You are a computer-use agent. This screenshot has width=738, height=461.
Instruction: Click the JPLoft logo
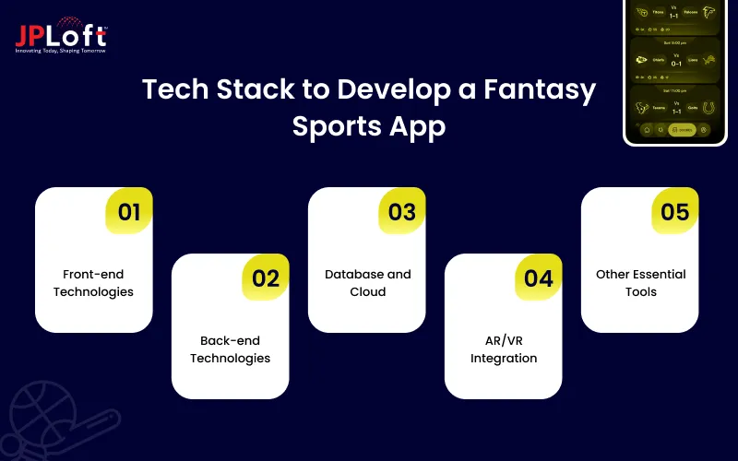61,35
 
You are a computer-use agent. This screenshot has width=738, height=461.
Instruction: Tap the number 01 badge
129,212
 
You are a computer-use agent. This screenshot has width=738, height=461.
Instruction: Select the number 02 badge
266,278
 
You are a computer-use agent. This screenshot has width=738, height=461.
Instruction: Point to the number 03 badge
402,212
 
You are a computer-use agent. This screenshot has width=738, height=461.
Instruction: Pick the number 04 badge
539,278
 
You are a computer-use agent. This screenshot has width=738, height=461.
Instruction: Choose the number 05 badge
675,212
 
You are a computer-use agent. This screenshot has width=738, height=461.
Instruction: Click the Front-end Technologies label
93,283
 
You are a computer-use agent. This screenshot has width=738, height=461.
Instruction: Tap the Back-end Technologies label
230,349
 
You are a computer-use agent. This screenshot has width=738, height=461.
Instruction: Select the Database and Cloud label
367,283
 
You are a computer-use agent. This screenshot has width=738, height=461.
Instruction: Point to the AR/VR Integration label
503,349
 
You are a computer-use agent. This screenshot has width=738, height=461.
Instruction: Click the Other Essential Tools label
640,283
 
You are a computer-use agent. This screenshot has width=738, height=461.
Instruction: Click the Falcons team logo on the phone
708,13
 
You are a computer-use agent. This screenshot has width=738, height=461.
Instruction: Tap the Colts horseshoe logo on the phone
708,106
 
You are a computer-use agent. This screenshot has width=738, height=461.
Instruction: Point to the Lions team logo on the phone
708,60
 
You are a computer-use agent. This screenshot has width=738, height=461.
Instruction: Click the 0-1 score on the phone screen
674,64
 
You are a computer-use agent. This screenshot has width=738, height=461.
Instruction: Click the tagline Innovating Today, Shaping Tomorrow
61,51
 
